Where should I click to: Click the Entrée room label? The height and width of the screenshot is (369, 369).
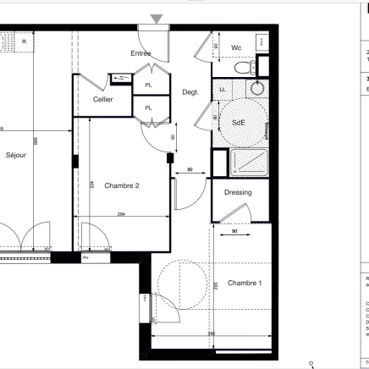click(140, 53)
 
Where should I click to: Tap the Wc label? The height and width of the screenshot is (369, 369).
click(236, 47)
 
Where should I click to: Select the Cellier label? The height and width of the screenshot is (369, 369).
click(103, 99)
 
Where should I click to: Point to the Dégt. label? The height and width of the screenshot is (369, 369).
click(190, 92)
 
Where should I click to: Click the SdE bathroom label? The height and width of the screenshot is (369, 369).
click(239, 123)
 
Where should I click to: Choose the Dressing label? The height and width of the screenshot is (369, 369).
click(238, 192)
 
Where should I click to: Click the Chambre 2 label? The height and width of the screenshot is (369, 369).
click(121, 185)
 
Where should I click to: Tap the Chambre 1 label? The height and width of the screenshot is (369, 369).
click(245, 283)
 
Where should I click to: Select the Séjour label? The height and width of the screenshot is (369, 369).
click(16, 156)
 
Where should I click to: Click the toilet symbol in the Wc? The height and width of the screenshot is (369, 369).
click(244, 67)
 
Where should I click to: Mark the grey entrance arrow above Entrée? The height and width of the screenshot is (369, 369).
click(157, 19)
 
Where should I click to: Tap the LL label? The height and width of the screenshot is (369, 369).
click(223, 89)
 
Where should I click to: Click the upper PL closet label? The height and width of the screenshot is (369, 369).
click(148, 85)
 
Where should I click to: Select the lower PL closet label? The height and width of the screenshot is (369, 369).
click(148, 107)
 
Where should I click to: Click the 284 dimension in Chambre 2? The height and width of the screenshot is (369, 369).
click(121, 215)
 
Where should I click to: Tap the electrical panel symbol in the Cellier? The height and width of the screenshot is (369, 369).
click(121, 80)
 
